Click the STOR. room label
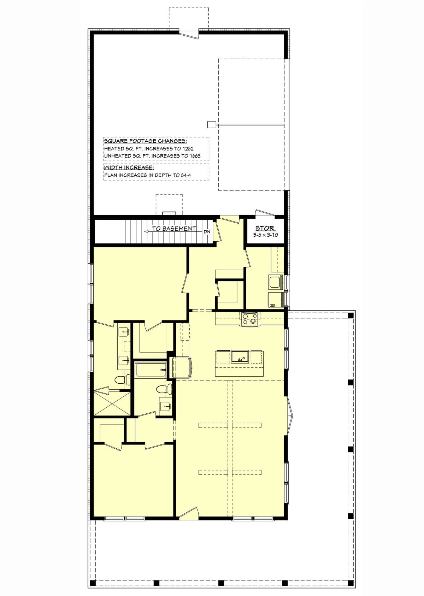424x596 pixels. [265, 228]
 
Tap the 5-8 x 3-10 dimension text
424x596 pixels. [265, 235]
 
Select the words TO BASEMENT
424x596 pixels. [174, 229]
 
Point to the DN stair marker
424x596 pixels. [207, 232]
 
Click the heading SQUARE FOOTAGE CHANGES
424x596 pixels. [145, 141]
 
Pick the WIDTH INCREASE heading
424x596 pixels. [129, 167]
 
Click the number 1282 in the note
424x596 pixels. [188, 149]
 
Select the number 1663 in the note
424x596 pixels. [195, 156]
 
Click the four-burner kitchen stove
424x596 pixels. [249, 319]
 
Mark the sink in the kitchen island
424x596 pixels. [240, 357]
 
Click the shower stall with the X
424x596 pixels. [112, 402]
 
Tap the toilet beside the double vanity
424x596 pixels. [123, 379]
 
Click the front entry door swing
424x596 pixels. [189, 513]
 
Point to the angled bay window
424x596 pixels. [290, 415]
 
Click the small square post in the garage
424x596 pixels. [212, 124]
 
